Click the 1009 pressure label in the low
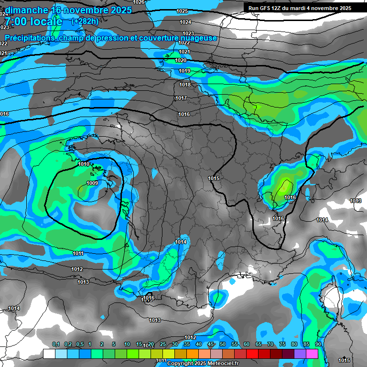tap(92, 183)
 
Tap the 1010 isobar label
tap(83, 164)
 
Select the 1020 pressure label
tap(181, 60)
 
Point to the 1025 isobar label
tap(182, 11)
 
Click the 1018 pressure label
tap(185, 85)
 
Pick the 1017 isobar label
tap(181, 98)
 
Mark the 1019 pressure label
tap(184, 71)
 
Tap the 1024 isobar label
tap(186, 22)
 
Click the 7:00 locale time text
tap(33, 22)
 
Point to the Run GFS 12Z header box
tap(300, 8)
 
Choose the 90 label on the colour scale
tap(318, 345)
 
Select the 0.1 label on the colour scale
tap(55, 345)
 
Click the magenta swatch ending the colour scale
tap(312, 354)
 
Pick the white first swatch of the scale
tap(49, 354)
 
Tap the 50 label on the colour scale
tap(223, 345)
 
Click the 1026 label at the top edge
tap(139, 2)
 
